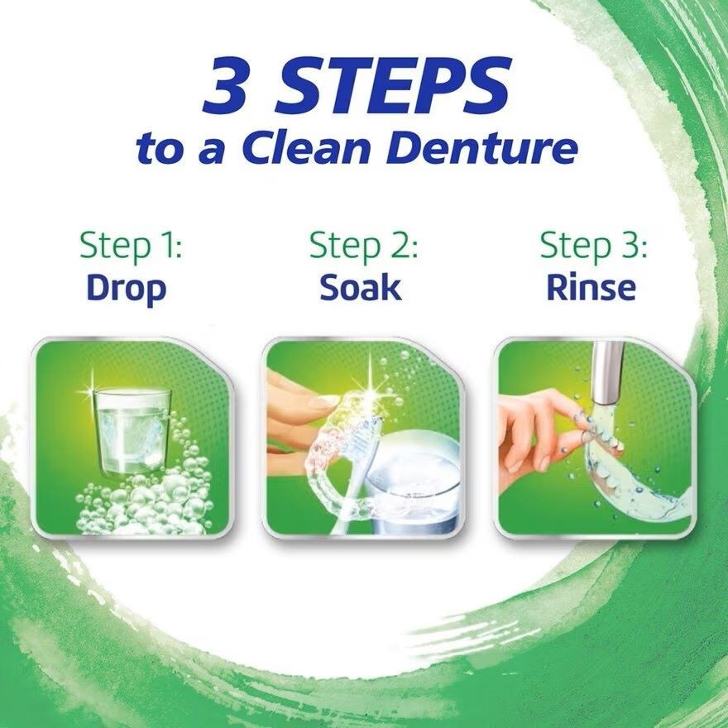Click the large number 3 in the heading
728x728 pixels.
[225, 85]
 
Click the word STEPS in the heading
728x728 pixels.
[393, 85]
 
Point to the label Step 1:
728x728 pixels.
[131, 245]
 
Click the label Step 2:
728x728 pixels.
[363, 245]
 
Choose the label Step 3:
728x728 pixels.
[593, 245]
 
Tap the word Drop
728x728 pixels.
[127, 289]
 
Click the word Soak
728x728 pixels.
[361, 288]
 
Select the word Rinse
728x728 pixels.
[591, 288]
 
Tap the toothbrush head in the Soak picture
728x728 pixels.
[367, 437]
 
